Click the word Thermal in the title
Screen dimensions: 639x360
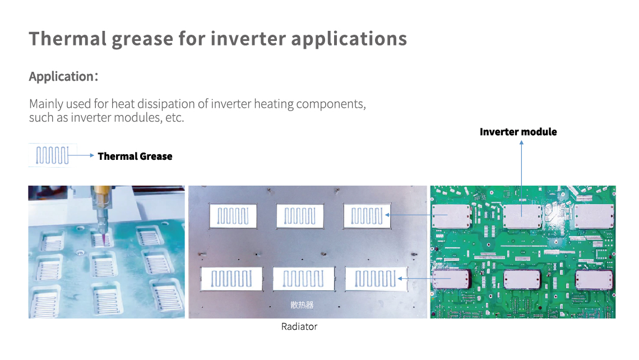pyautogui.click(x=68, y=39)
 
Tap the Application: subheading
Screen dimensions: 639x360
pyautogui.click(x=63, y=77)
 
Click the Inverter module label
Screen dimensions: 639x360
pyautogui.click(x=518, y=132)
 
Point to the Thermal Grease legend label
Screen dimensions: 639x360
pyautogui.click(x=135, y=156)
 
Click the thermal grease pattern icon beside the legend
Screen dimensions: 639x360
pyautogui.click(x=53, y=155)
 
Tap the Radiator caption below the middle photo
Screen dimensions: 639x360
pyautogui.click(x=299, y=326)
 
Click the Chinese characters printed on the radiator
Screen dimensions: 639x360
pyautogui.click(x=302, y=304)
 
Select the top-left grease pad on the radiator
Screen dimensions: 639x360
pyautogui.click(x=233, y=216)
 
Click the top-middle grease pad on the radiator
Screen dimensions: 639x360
pyautogui.click(x=300, y=216)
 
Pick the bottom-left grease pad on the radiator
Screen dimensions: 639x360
pyautogui.click(x=231, y=279)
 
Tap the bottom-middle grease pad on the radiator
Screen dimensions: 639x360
pyautogui.click(x=304, y=279)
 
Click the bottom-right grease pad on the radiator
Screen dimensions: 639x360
pyautogui.click(x=376, y=279)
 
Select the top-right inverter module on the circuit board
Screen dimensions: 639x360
pyautogui.click(x=594, y=216)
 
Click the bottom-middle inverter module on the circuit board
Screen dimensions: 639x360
pyautogui.click(x=522, y=280)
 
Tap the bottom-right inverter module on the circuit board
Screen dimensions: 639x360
pyautogui.click(x=594, y=280)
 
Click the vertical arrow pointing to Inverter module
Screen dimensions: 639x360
pyautogui.click(x=521, y=178)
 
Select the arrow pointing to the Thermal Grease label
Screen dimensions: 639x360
pyautogui.click(x=81, y=155)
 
